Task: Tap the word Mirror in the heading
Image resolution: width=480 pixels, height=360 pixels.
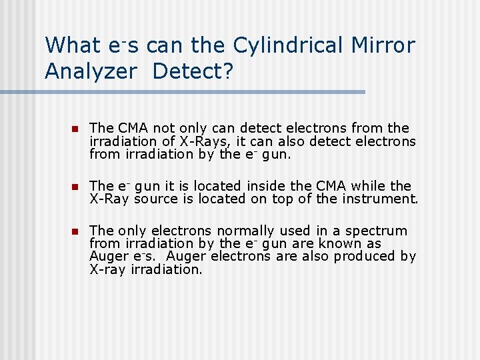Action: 382,45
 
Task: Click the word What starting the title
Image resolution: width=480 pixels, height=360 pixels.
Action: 71,45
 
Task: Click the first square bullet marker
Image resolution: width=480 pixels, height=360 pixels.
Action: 75,129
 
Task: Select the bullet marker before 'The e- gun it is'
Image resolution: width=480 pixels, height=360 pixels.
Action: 75,186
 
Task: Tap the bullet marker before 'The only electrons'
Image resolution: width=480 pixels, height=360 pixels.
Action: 75,231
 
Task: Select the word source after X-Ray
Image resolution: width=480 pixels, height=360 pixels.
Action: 154,199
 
